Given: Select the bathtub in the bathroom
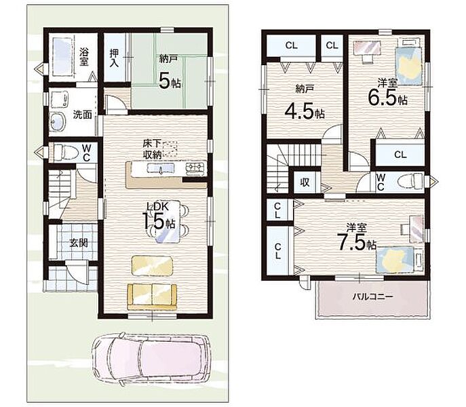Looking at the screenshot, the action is pyautogui.click(x=62, y=57).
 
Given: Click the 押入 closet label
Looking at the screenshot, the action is pyautogui.click(x=115, y=58).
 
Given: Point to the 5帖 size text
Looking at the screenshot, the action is pyautogui.click(x=170, y=81).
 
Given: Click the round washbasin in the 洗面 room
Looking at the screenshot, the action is pyautogui.click(x=58, y=122).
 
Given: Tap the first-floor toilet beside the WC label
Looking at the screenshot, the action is pyautogui.click(x=66, y=153).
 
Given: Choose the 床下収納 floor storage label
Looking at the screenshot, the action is pyautogui.click(x=152, y=149).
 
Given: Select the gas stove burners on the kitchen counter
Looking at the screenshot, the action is pyautogui.click(x=195, y=168).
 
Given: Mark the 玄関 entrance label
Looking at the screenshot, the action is pyautogui.click(x=79, y=243).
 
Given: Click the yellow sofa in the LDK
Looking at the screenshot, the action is pyautogui.click(x=152, y=297).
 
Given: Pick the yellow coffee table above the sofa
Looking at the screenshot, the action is pyautogui.click(x=152, y=265).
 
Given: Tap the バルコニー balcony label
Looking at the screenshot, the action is pyautogui.click(x=372, y=296).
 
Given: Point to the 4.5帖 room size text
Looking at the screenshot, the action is pyautogui.click(x=305, y=111).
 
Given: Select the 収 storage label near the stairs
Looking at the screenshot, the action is pyautogui.click(x=305, y=182).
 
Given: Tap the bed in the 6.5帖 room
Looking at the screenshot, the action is pyautogui.click(x=408, y=66).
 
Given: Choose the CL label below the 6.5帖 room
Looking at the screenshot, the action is pyautogui.click(x=400, y=155).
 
